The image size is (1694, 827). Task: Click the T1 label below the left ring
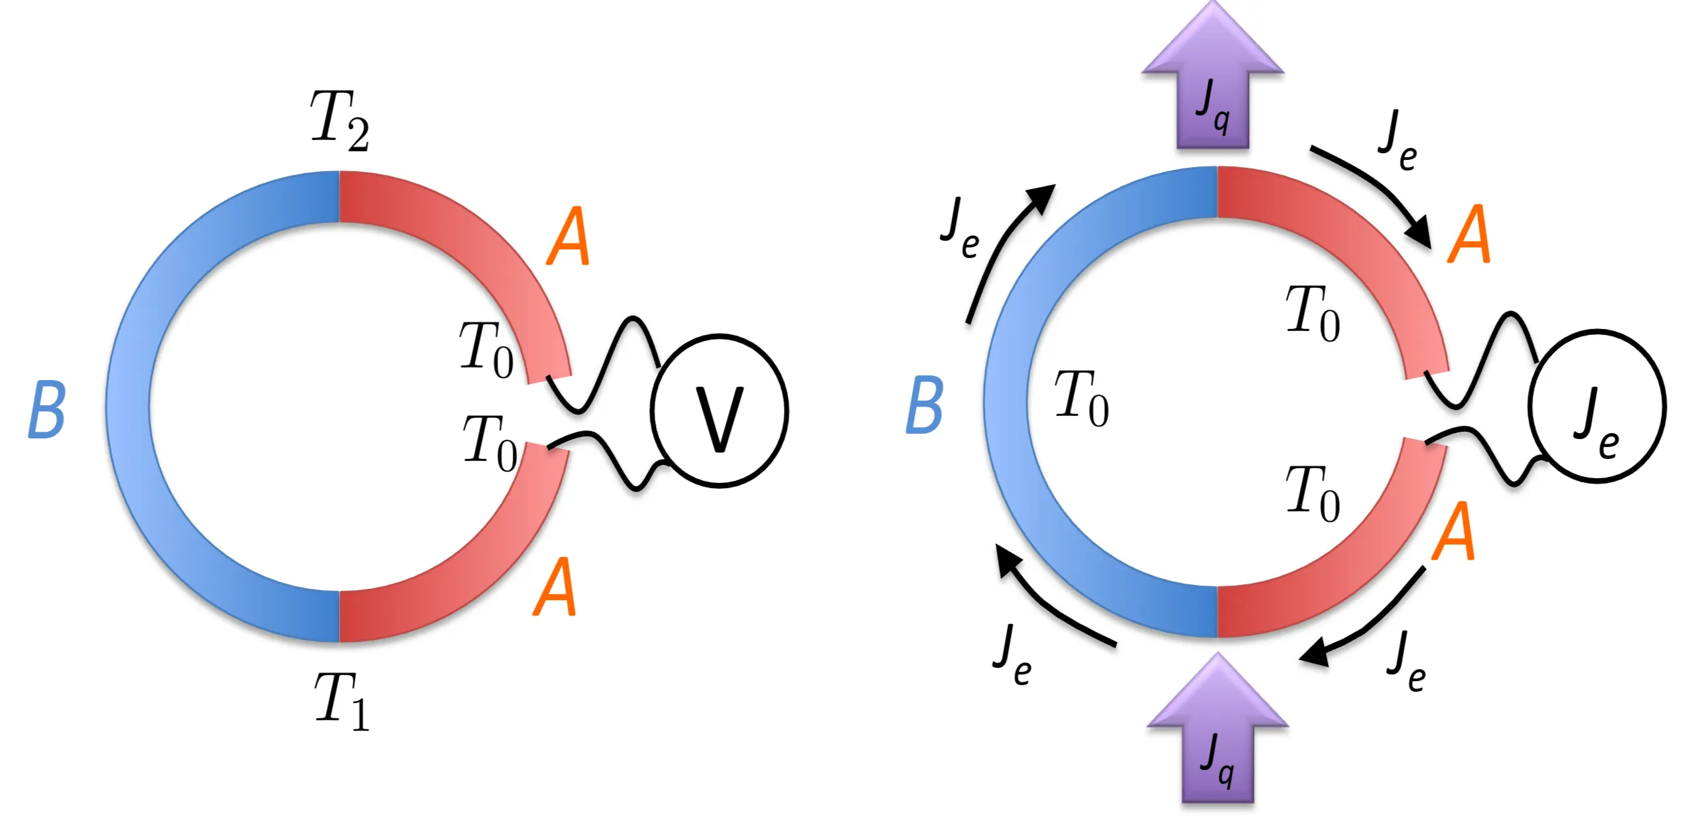tap(341, 700)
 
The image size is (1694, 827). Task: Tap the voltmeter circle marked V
tap(719, 411)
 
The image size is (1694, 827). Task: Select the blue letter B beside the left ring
tap(46, 410)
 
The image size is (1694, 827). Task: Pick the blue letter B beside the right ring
tap(924, 405)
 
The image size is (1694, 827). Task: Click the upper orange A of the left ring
tap(568, 236)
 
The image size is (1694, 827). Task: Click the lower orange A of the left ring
tap(554, 586)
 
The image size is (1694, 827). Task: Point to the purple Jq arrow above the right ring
tap(1212, 80)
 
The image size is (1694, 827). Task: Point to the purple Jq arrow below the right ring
tap(1217, 733)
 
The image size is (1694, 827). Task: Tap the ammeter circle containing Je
tap(1596, 406)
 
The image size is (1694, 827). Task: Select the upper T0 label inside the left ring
tap(486, 350)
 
